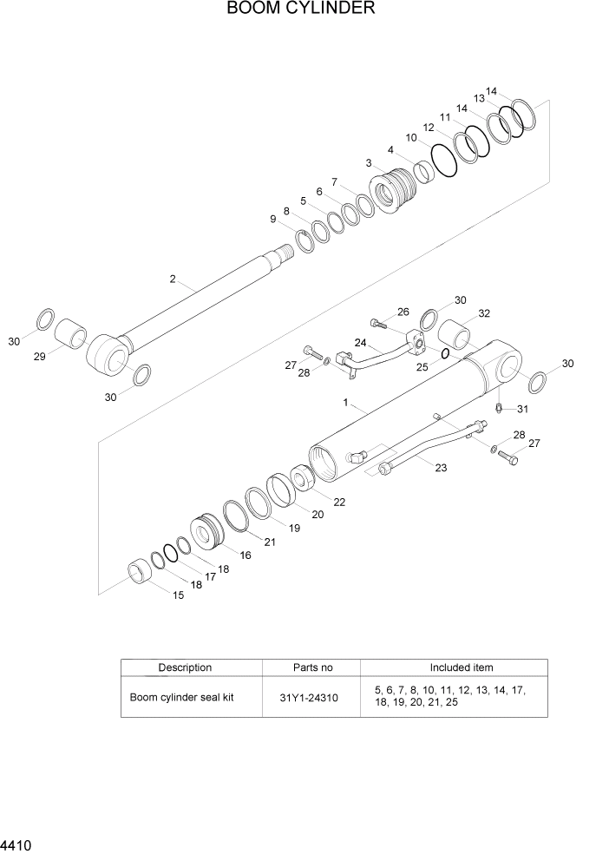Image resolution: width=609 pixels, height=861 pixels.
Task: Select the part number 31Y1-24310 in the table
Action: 310,697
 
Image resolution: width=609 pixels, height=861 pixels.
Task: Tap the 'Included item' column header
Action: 461,667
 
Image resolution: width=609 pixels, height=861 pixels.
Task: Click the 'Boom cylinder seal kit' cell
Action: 182,697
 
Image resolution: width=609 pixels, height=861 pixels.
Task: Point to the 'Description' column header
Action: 185,667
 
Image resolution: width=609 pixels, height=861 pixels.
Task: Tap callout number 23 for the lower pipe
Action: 440,468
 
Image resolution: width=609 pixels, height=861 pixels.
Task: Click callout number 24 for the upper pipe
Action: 360,342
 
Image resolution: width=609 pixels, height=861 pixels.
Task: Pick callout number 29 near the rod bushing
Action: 39,357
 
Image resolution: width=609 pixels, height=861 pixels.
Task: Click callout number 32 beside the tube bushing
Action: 484,313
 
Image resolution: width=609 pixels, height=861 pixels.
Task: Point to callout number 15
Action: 178,595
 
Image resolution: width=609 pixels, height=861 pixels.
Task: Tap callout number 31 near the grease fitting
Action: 522,409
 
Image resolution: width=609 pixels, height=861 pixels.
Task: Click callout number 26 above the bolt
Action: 403,312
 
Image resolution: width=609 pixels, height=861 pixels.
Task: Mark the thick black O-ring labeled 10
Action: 443,161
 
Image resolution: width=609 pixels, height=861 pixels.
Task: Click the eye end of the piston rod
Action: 109,353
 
